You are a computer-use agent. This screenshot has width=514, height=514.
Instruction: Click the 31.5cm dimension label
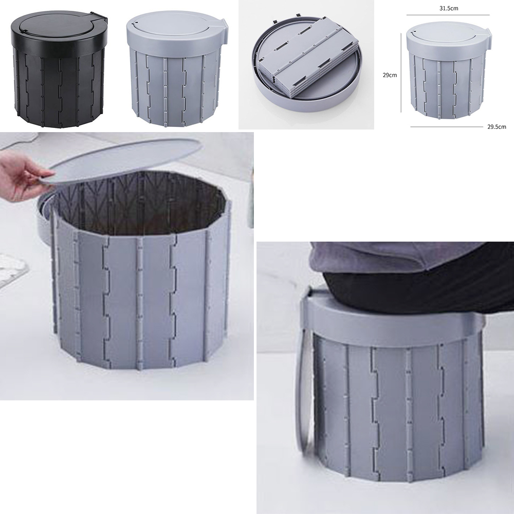448,8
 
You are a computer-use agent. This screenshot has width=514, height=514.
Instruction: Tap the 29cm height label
390,75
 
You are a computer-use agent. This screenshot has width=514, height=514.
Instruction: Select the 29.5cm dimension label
497,126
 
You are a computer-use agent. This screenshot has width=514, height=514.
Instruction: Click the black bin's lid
56,27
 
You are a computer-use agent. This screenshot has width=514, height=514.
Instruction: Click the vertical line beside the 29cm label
401,73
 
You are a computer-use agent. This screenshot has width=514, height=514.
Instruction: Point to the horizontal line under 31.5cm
448,15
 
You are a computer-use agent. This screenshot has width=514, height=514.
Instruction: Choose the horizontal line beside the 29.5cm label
448,126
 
